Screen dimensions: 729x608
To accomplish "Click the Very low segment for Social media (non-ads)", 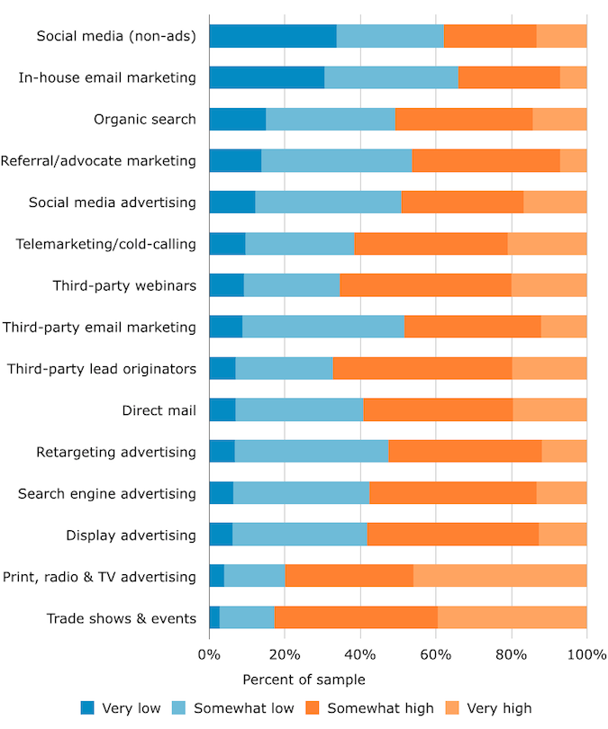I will coord(272,36).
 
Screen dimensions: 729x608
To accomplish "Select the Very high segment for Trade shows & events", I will coord(512,617).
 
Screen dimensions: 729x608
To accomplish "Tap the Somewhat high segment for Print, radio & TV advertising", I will coord(349,576).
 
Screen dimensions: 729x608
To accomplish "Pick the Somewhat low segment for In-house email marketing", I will coord(391,77).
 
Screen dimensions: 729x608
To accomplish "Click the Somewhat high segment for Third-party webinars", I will coord(425,285).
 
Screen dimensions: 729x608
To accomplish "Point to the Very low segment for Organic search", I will coord(237,119).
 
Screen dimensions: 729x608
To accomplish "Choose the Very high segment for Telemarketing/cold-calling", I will coord(547,244).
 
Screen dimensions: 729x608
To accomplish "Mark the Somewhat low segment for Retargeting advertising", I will coord(312,452).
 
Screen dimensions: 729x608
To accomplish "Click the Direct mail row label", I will coord(159,410).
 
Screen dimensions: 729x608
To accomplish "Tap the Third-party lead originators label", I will coord(101,369).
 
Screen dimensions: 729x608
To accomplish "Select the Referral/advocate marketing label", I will coord(98,161).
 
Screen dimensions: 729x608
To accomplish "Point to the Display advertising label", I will coord(131,535).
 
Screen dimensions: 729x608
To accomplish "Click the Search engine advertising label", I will coord(107,493).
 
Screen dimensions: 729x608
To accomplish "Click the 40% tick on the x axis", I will coord(360,655).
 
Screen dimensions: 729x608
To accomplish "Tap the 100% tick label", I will coord(586,655).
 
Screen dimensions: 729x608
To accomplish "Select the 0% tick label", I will coord(209,655).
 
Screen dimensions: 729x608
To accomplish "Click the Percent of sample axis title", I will coord(304,679).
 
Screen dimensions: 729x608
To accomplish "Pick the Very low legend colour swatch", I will coord(87,708).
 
